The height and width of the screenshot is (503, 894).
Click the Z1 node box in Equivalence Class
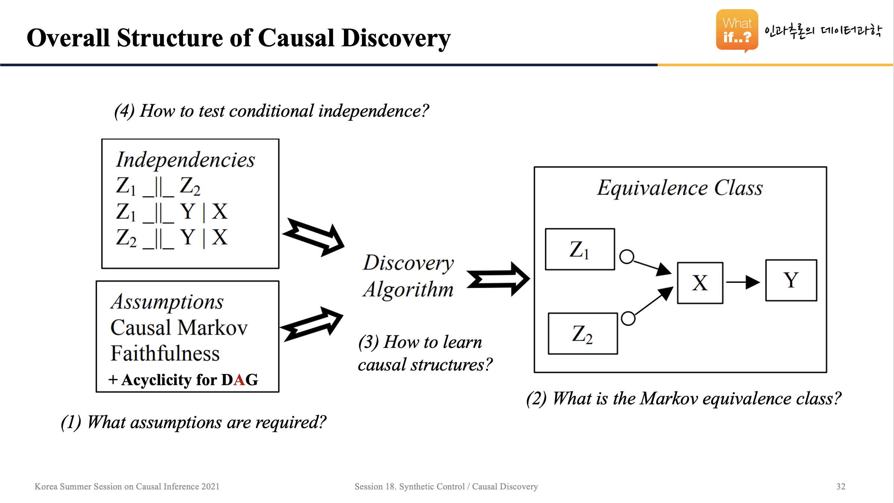[x=580, y=249]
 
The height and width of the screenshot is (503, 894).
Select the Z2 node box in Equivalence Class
[x=582, y=334]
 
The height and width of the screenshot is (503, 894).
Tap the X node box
[x=700, y=283]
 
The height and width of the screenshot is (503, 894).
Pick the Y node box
[x=791, y=280]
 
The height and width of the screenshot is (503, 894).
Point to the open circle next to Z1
[x=627, y=257]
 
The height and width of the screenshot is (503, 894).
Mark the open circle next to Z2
[x=628, y=319]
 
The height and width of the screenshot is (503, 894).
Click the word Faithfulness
[x=165, y=354]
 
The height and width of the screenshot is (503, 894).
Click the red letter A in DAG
[x=240, y=380]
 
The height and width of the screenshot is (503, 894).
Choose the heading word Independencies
[x=185, y=160]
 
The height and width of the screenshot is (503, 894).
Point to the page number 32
[x=841, y=486]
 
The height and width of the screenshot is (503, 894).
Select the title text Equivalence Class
[x=680, y=187]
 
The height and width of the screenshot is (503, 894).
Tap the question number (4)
[x=124, y=111]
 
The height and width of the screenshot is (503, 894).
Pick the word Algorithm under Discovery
[x=408, y=290]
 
